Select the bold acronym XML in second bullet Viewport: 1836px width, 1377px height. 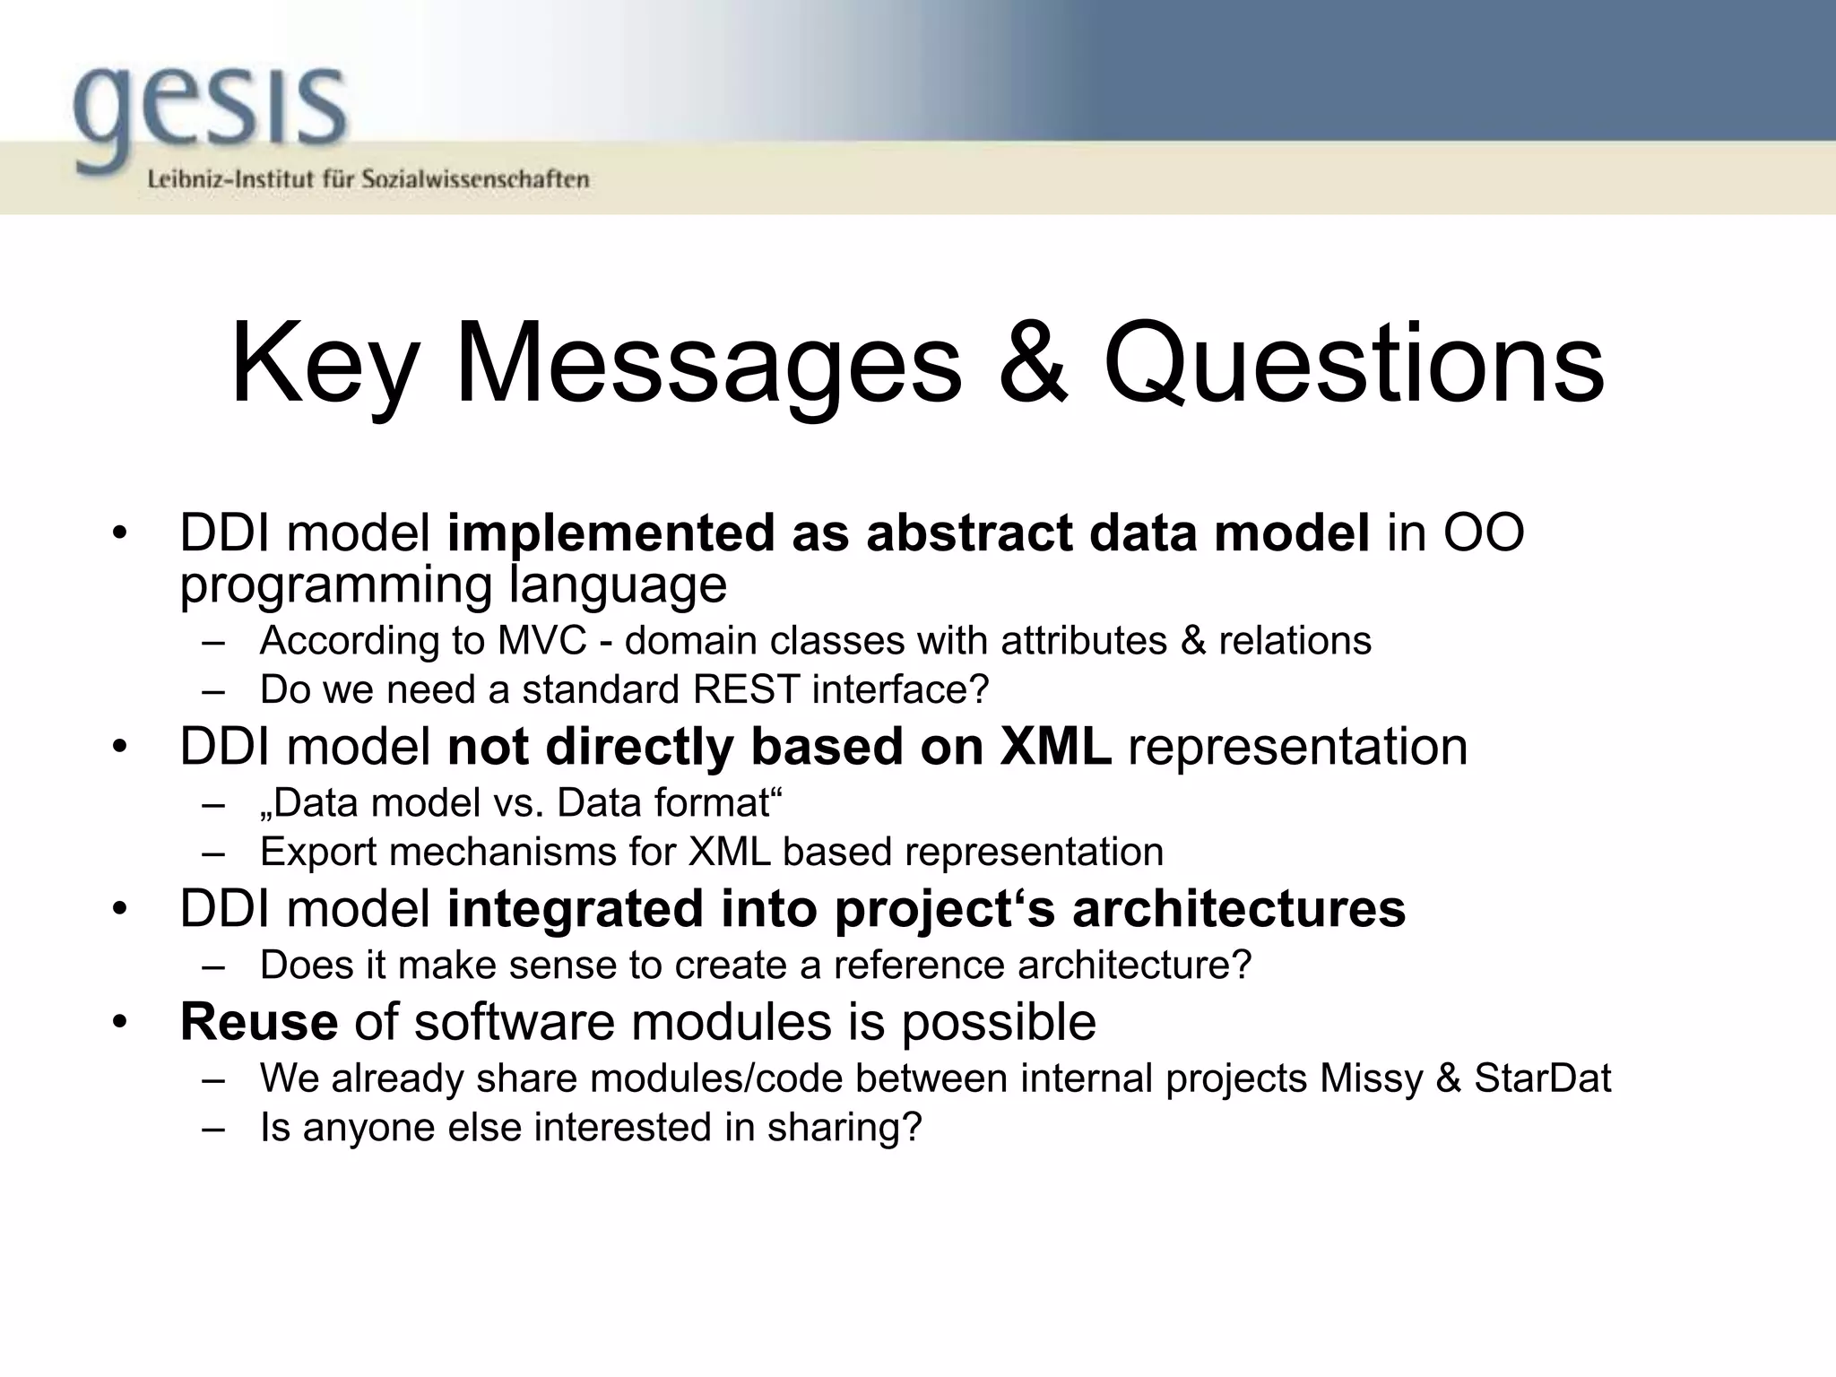[x=1055, y=747]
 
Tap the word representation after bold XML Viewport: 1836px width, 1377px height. [x=1297, y=747]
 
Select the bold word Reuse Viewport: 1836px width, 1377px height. [x=259, y=1021]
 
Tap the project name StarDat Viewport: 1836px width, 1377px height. [x=1542, y=1078]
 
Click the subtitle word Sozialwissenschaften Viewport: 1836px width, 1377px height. [x=475, y=179]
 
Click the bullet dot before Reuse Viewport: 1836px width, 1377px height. [x=120, y=1023]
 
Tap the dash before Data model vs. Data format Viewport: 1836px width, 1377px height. [x=212, y=803]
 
